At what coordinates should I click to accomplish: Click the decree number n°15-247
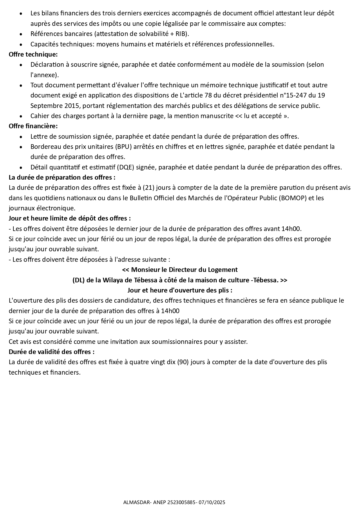[293, 95]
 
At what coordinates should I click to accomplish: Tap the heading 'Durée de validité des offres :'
[52, 352]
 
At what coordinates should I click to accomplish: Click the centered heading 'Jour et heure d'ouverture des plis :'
[180, 290]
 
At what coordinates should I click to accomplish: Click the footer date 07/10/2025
[212, 502]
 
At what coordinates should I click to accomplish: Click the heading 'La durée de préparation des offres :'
[62, 178]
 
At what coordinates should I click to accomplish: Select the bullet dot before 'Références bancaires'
[21, 34]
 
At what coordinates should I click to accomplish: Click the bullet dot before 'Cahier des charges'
[21, 116]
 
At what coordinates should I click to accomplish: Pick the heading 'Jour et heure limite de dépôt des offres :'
[70, 219]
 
